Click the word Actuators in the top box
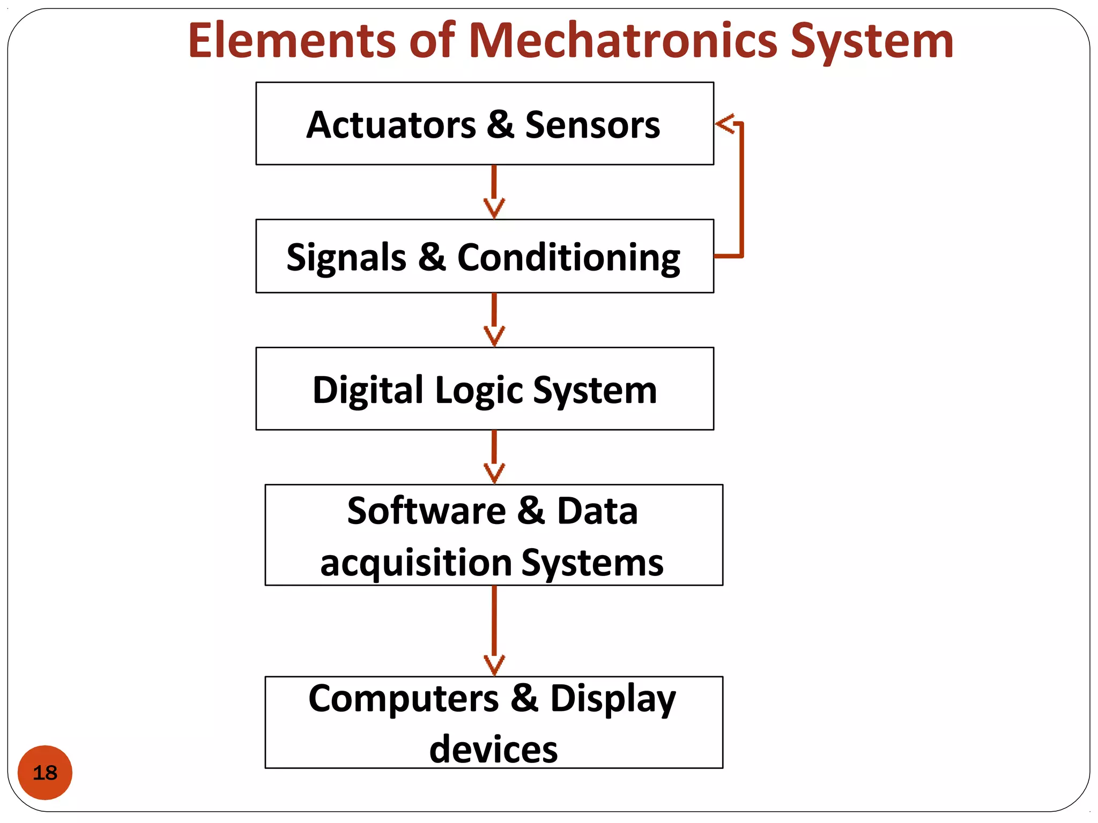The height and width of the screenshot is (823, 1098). click(x=391, y=125)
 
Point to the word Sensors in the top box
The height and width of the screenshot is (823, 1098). click(x=592, y=125)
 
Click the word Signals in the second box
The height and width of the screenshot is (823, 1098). click(x=346, y=258)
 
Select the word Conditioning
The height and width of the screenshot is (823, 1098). click(x=568, y=258)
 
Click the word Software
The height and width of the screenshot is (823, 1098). click(x=426, y=511)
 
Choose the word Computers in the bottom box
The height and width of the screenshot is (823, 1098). click(x=403, y=699)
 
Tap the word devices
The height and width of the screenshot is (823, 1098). click(x=493, y=749)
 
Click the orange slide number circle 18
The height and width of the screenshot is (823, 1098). click(x=45, y=772)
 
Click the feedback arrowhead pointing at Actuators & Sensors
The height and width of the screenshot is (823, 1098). click(x=724, y=124)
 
